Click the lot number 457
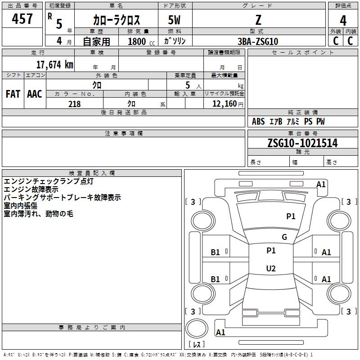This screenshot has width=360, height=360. tap(22, 18)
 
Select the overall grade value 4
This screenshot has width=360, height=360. tap(343, 21)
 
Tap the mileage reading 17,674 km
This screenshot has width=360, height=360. tap(54, 65)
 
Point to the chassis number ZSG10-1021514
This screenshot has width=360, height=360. tap(302, 143)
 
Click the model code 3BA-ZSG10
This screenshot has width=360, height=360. tap(258, 41)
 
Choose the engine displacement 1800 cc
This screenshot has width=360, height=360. tap(141, 41)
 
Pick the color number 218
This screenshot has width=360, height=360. tap(74, 104)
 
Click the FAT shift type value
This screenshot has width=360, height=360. tap(13, 94)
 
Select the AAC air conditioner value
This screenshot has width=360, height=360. tap(35, 94)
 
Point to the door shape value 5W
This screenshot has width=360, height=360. tap(174, 20)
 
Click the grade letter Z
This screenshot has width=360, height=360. tap(258, 20)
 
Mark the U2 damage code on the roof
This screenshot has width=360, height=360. tap(271, 268)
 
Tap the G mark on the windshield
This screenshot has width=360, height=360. tap(284, 237)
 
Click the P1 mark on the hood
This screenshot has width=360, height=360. tap(291, 216)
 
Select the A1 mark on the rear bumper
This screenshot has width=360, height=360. tap(220, 332)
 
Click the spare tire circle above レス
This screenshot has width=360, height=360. tap(197, 328)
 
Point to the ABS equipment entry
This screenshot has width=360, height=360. tap(258, 121)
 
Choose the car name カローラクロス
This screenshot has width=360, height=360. tap(117, 20)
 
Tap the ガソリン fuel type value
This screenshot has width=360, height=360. tap(175, 41)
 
